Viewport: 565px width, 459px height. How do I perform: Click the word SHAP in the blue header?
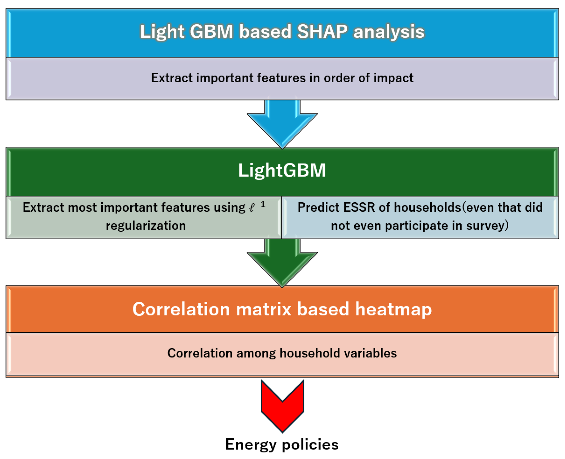click(322, 31)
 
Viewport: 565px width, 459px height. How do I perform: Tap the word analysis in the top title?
click(389, 32)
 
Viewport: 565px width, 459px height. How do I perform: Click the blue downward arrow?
click(282, 124)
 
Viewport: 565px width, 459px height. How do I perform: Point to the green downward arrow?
click(282, 263)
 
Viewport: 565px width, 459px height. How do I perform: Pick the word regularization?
click(146, 226)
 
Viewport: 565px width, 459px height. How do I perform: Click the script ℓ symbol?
click(252, 208)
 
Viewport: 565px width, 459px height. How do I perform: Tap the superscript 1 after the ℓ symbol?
click(263, 204)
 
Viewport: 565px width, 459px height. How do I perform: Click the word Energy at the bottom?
click(251, 444)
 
